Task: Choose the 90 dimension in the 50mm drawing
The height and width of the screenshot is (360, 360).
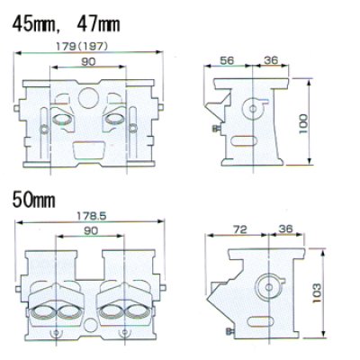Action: pyautogui.click(x=91, y=230)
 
